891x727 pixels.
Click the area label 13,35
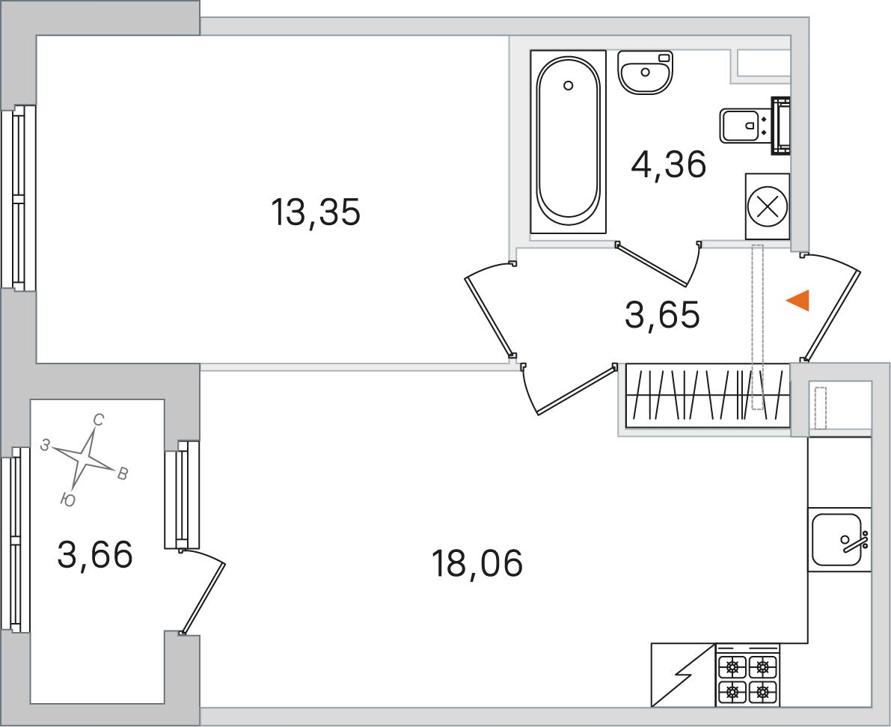click(x=316, y=212)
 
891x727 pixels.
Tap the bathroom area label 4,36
click(x=669, y=164)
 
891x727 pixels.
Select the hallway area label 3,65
click(x=662, y=315)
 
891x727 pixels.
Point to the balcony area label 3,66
click(x=95, y=554)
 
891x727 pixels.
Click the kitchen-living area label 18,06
click(x=477, y=563)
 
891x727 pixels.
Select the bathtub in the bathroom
click(x=569, y=141)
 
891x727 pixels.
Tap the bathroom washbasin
click(x=645, y=72)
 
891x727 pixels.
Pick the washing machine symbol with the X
click(x=768, y=206)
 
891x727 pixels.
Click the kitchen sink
click(x=839, y=539)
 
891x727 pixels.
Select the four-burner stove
click(x=748, y=675)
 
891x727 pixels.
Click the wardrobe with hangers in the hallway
click(x=708, y=396)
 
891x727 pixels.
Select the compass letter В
click(x=122, y=473)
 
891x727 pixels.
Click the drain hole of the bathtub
click(x=569, y=85)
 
